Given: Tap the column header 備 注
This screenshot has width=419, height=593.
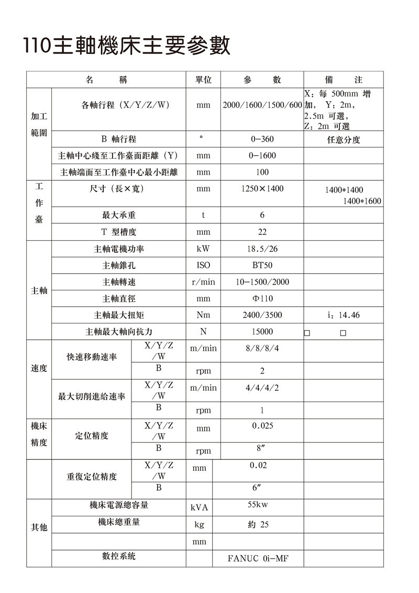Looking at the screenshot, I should [x=344, y=80].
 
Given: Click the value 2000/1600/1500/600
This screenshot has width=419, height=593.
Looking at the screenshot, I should [x=262, y=105].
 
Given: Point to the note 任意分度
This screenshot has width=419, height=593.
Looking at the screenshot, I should [x=344, y=140].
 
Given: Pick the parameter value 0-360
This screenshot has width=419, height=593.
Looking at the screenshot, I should [x=262, y=139].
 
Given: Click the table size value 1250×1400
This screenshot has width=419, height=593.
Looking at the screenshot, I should [x=262, y=188].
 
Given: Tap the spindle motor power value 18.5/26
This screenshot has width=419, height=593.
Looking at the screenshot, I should [x=262, y=249].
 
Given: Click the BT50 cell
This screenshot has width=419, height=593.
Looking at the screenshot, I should [x=262, y=266].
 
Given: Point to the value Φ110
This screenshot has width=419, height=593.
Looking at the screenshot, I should [x=262, y=299].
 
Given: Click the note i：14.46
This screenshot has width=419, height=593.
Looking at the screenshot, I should [x=343, y=316].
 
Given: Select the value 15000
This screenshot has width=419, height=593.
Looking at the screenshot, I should [x=262, y=332].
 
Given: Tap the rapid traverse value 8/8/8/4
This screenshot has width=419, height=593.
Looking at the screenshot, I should [x=262, y=348].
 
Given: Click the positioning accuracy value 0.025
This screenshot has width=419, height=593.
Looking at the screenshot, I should [x=262, y=426].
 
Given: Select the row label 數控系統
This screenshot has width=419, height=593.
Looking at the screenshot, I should [x=119, y=556].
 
